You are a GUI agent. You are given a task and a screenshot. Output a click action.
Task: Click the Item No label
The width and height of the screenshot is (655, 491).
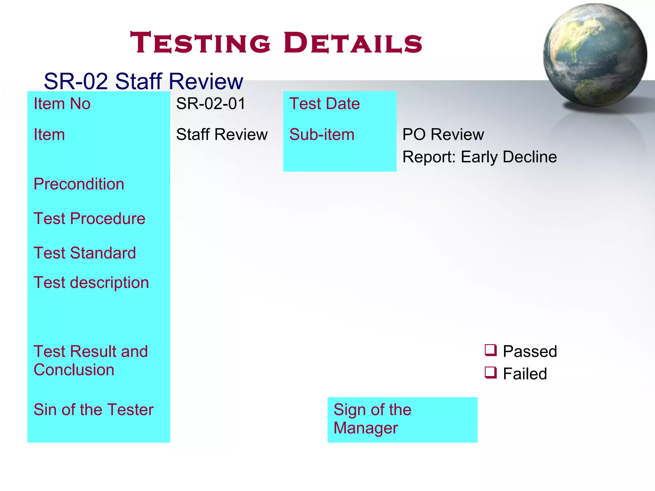coord(62,104)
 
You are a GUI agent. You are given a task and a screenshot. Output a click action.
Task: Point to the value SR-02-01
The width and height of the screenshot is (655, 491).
coord(210,104)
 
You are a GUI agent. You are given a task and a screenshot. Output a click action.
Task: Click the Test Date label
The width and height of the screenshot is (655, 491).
coord(324,104)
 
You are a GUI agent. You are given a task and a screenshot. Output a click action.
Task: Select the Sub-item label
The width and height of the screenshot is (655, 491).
coord(322,135)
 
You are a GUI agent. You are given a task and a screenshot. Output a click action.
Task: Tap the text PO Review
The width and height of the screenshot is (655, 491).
coord(443,135)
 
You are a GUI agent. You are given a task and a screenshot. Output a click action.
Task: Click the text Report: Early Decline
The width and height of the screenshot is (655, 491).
coord(479,157)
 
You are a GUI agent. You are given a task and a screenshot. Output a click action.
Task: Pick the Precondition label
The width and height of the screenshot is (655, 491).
coord(79,184)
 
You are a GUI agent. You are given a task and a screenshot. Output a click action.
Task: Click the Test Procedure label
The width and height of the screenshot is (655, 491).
coord(89,218)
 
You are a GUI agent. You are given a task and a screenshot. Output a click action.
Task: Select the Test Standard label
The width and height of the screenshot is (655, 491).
coord(85,253)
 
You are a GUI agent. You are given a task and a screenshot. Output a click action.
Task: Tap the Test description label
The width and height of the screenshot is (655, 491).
coord(91,282)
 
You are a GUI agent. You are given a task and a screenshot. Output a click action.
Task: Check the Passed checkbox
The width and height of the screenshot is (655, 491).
coord(491,350)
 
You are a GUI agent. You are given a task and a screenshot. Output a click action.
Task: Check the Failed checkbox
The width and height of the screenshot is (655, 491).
coord(491,372)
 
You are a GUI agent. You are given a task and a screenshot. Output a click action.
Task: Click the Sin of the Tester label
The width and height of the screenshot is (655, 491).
coord(93,410)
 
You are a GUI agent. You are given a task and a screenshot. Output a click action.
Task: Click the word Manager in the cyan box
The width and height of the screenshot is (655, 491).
coord(366,428)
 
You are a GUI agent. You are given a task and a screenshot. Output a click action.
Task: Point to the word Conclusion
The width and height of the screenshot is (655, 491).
coord(74,370)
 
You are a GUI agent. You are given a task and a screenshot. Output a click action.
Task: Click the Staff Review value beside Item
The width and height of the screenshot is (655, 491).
coord(222,135)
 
